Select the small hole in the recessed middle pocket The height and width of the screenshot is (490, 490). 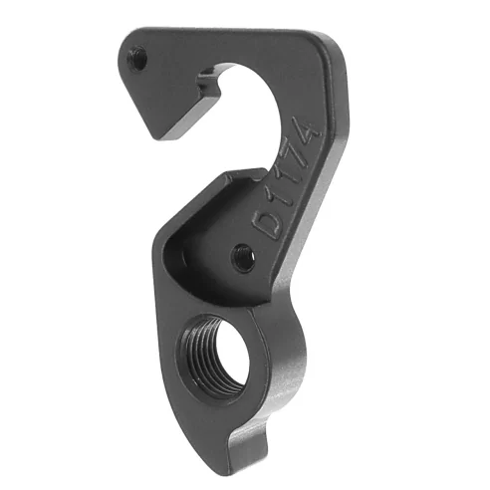pyautogui.click(x=241, y=259)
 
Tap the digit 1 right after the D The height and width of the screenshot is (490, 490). pyautogui.click(x=280, y=203)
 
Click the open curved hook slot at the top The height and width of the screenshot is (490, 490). pyautogui.click(x=241, y=100)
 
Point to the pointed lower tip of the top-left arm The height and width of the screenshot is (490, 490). pyautogui.click(x=152, y=132)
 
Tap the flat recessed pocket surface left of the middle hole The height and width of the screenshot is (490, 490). pyautogui.click(x=199, y=249)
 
